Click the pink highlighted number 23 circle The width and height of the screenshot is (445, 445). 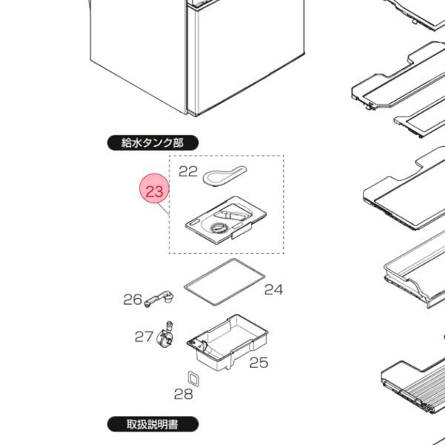coord(154,188)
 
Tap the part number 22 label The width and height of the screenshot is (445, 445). coord(188,171)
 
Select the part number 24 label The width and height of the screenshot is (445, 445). coord(274,290)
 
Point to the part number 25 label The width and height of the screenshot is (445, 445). coord(259,363)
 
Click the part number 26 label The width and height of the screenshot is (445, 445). coord(133,300)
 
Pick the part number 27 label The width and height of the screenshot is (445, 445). coord(144,337)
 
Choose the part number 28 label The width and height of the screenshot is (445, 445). coord(183,394)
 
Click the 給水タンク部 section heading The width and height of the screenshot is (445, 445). coord(153,142)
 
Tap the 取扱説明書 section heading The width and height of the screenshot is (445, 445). coord(153,424)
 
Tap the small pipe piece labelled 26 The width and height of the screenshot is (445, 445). coord(159,299)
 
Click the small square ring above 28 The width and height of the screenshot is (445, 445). coord(189,378)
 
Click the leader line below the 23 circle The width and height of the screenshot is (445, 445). coord(164,208)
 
